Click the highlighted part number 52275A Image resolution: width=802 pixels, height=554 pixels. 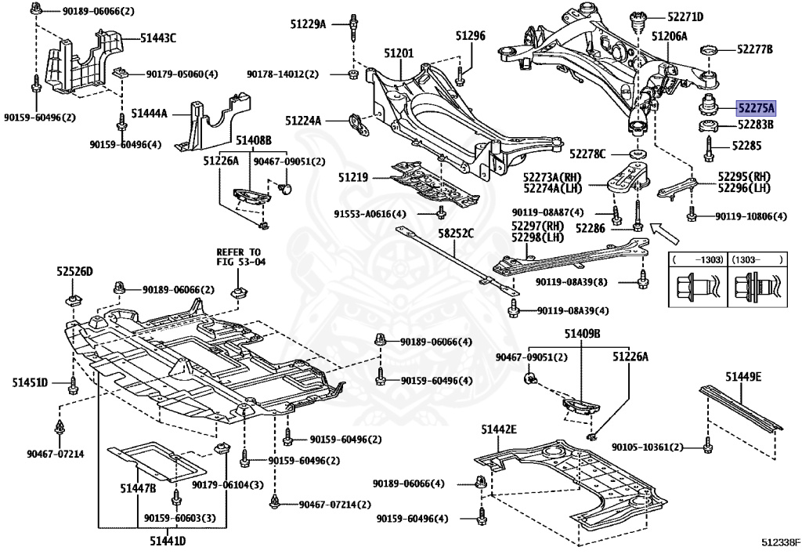pyautogui.click(x=754, y=109)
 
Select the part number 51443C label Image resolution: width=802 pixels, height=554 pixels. pyautogui.click(x=158, y=37)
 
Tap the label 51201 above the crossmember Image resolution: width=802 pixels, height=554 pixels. pyautogui.click(x=399, y=53)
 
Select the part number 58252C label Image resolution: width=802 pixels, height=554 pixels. pyautogui.click(x=455, y=234)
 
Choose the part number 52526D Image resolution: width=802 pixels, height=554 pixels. pyautogui.click(x=74, y=271)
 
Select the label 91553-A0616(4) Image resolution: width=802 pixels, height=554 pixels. pyautogui.click(x=370, y=213)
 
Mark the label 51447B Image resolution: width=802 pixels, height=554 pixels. pyautogui.click(x=138, y=487)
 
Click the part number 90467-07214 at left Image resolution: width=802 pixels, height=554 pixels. pyautogui.click(x=55, y=454)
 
